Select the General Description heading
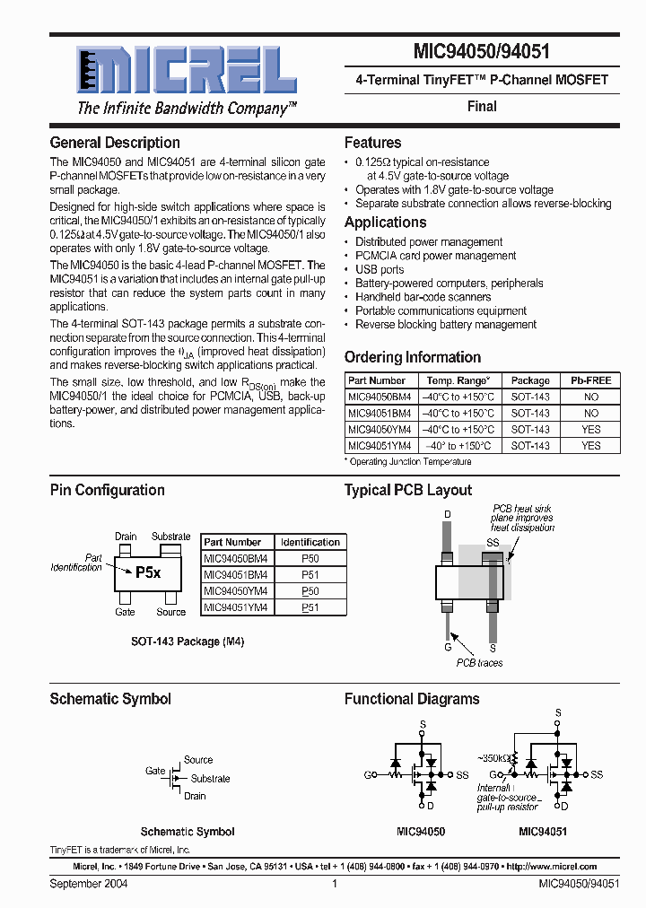tap(115, 143)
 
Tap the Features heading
tap(372, 143)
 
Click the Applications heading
tap(385, 223)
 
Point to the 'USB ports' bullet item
tap(380, 269)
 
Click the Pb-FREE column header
tap(590, 380)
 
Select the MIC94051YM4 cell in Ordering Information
tap(379, 445)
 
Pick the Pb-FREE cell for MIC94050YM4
tap(590, 429)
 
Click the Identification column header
tap(310, 542)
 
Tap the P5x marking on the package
tap(148, 572)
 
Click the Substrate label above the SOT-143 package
tap(170, 537)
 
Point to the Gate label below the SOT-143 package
tap(125, 612)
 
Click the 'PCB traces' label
tap(479, 663)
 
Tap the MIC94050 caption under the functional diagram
tap(421, 832)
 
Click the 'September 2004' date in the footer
tap(88, 884)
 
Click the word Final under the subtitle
tap(482, 106)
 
